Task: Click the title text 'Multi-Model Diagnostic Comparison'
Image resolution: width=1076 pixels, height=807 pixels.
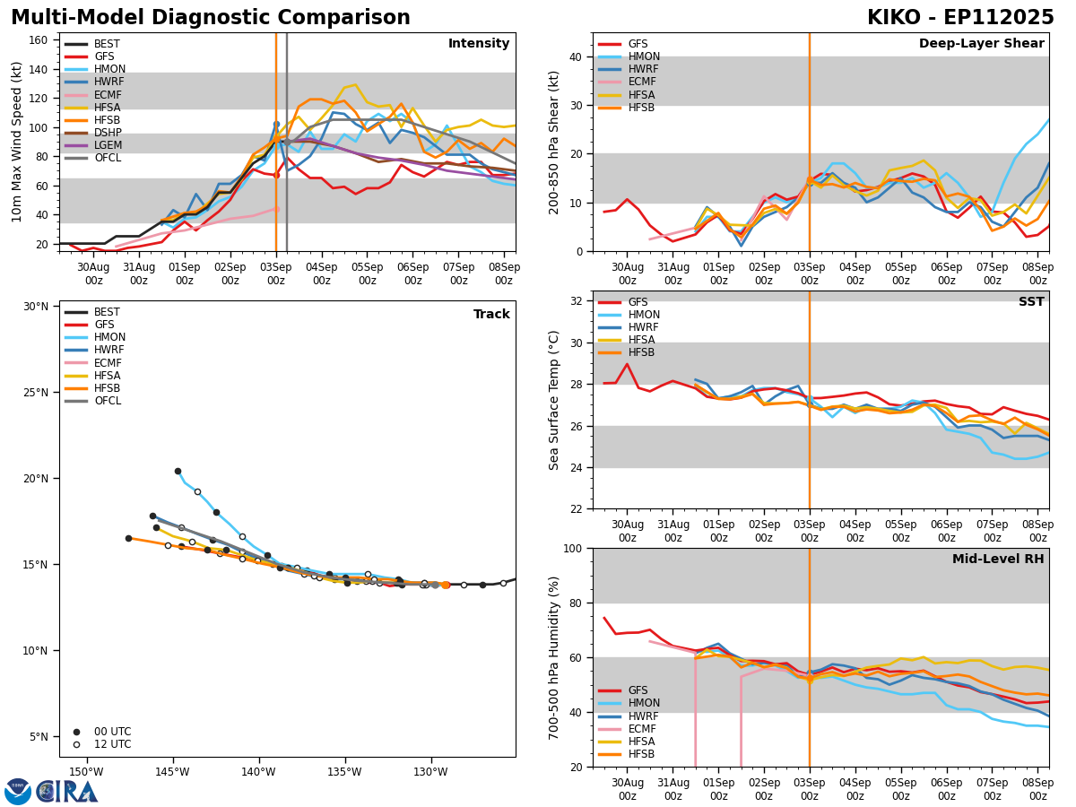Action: pyautogui.click(x=211, y=18)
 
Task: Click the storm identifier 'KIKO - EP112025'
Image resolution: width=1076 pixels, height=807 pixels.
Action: pyautogui.click(x=960, y=18)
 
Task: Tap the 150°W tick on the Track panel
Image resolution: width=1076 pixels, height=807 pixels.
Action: pyautogui.click(x=86, y=772)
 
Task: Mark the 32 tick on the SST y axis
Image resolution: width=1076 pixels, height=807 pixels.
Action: pyautogui.click(x=577, y=301)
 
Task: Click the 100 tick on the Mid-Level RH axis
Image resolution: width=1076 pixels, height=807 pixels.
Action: pyautogui.click(x=572, y=549)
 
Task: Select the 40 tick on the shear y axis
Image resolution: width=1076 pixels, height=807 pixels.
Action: pyautogui.click(x=577, y=57)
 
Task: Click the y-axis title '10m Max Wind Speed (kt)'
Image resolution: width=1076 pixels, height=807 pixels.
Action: pyautogui.click(x=16, y=142)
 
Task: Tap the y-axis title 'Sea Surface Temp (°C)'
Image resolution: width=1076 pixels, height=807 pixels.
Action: pyautogui.click(x=555, y=400)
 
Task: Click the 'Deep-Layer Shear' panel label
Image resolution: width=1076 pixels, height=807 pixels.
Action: pyautogui.click(x=981, y=44)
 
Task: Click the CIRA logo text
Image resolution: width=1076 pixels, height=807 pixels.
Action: pyautogui.click(x=67, y=792)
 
